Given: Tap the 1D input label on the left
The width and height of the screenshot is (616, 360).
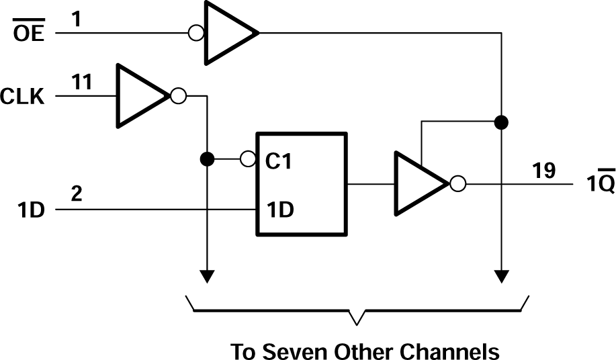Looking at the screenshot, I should [30, 210].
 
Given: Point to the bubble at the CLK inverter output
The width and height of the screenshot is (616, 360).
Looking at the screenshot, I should [178, 96].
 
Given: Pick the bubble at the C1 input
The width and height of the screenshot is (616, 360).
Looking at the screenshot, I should [248, 160].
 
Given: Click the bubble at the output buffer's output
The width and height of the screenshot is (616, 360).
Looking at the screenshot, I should [457, 183].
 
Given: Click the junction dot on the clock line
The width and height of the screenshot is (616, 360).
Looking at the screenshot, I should [208, 160].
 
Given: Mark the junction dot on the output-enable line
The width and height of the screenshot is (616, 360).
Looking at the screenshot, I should [500, 122].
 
